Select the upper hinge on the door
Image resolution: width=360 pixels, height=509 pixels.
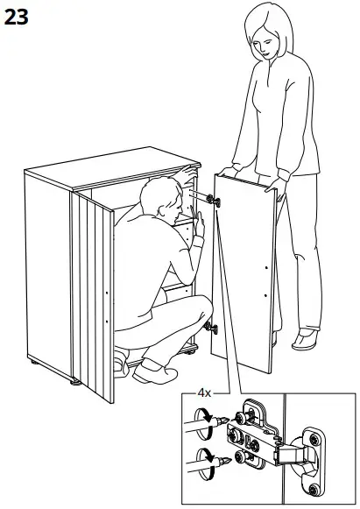213,201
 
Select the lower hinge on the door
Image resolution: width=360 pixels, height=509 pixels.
211,329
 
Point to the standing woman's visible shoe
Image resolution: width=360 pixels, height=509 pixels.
306,338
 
